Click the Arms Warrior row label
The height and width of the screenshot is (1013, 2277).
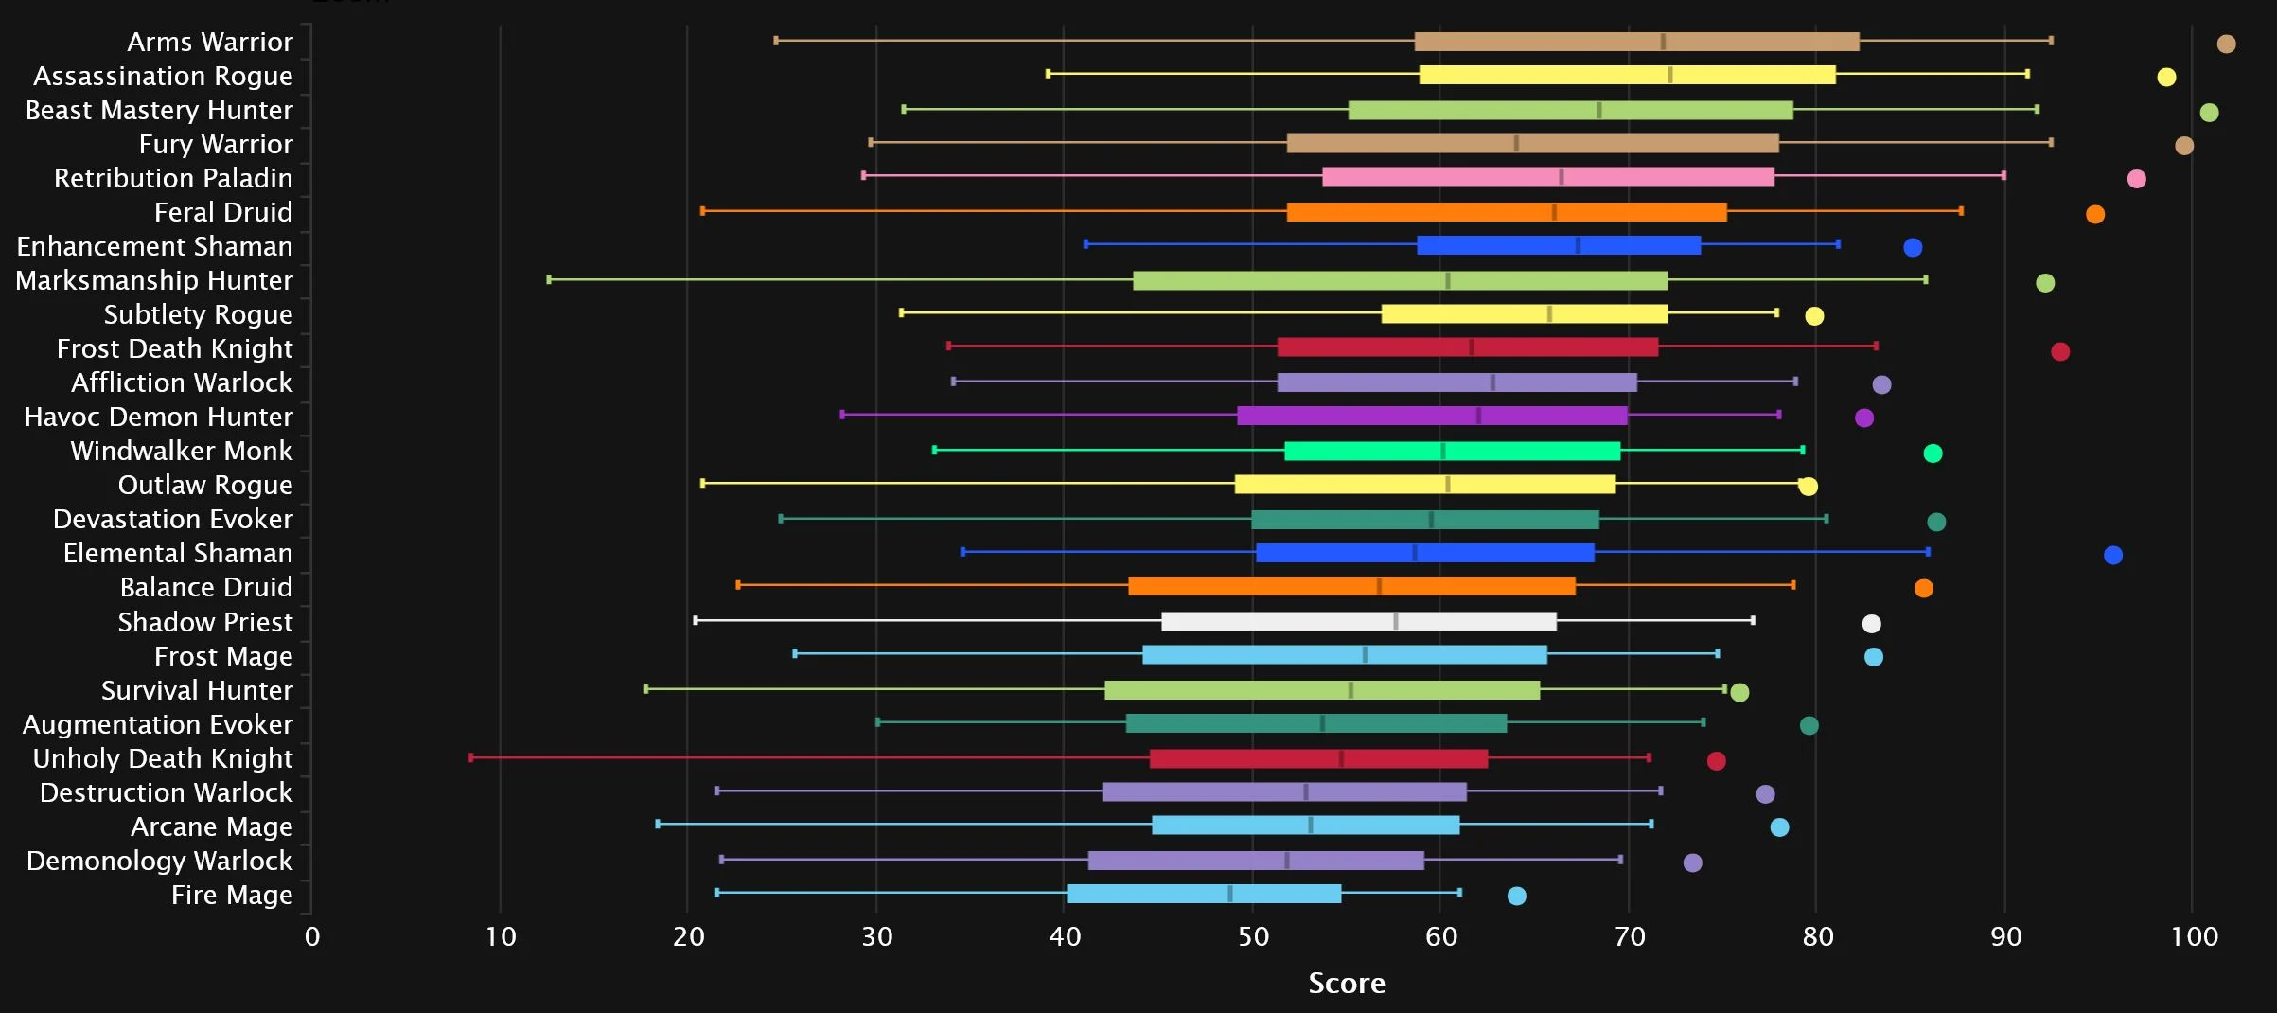click(209, 42)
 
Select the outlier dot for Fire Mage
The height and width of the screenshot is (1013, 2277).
click(1516, 896)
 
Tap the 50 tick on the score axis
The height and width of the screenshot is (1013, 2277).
click(1253, 936)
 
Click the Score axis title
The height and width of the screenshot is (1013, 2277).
click(1346, 983)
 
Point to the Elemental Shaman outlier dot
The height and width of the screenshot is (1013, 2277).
click(2112, 555)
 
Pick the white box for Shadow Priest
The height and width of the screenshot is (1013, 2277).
click(1358, 621)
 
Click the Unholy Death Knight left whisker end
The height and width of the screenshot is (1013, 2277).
click(471, 757)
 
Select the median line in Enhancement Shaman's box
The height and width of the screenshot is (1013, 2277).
click(1578, 245)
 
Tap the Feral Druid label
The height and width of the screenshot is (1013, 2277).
click(223, 212)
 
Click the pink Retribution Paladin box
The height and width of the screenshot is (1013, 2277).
click(1547, 176)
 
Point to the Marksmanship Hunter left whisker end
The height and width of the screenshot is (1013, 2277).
click(549, 279)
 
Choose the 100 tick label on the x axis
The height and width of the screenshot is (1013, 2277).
click(2193, 936)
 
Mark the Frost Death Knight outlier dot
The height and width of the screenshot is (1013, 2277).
click(2059, 351)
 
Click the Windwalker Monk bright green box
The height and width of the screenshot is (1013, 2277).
click(1452, 451)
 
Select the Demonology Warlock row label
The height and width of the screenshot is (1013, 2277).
click(159, 861)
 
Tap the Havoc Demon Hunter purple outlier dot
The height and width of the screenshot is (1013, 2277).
click(1863, 418)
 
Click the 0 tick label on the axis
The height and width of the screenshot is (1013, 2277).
click(312, 936)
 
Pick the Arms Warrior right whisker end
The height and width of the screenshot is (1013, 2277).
click(2050, 41)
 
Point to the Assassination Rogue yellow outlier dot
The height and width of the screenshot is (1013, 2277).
click(2165, 77)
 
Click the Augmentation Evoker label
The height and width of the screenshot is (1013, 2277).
click(157, 724)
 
